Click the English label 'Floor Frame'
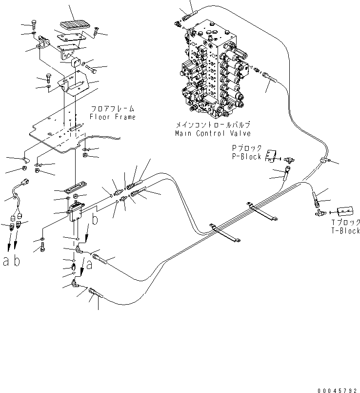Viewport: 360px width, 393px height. (112, 117)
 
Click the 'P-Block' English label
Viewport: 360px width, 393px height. (246, 157)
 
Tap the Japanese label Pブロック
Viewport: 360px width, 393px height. (246, 149)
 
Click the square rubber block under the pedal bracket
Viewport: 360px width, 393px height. (76, 61)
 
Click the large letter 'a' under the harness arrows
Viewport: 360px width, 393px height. (6, 262)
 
